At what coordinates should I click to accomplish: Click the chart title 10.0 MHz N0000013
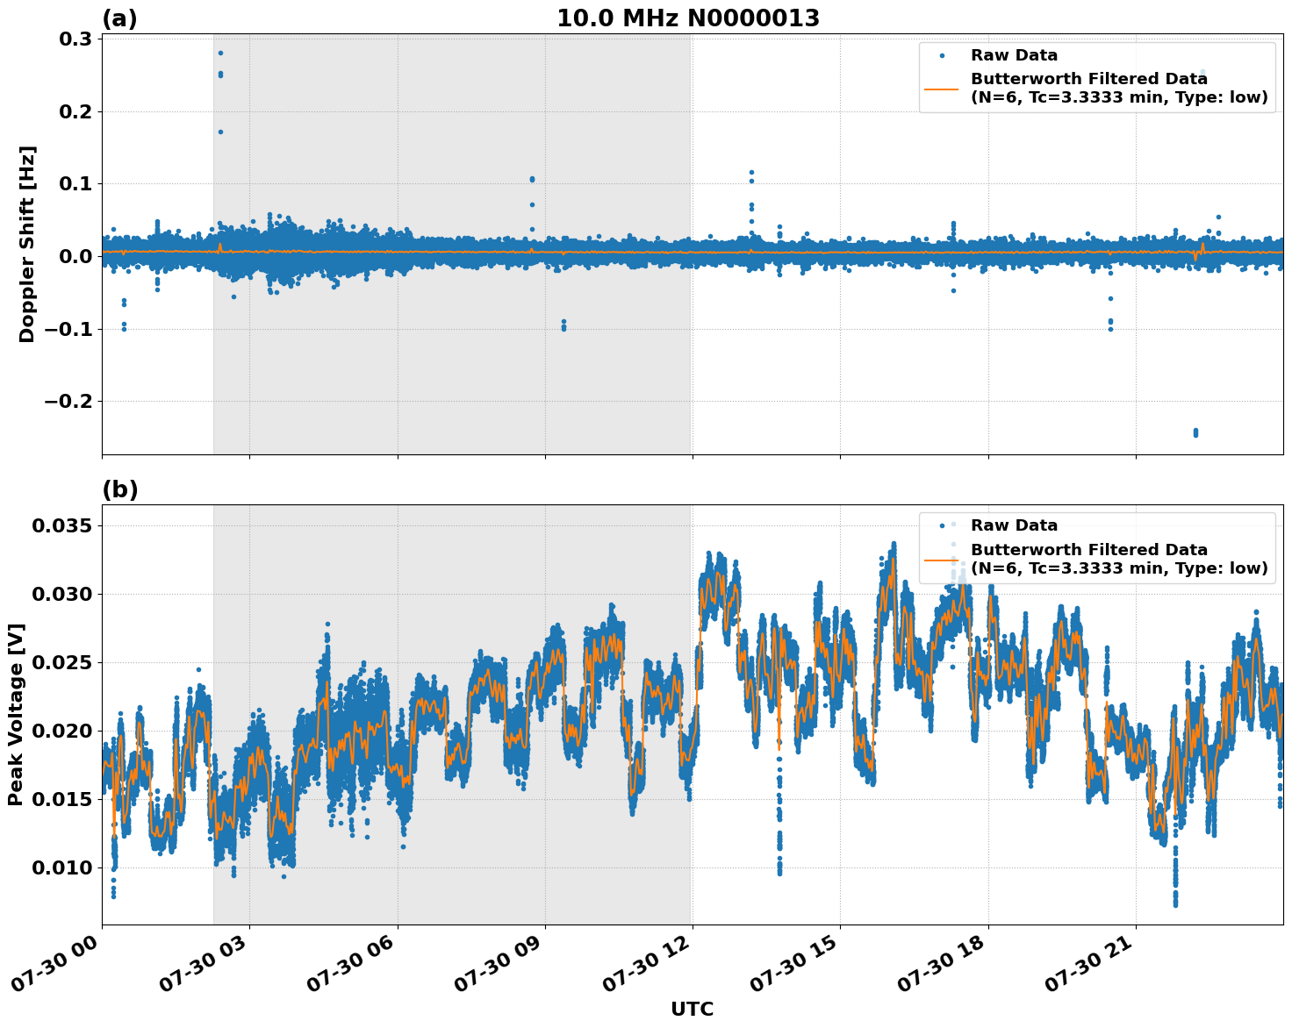pos(688,18)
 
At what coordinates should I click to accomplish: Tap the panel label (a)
pos(119,18)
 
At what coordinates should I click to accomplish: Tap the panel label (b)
pos(119,489)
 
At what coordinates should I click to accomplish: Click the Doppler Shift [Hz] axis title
pos(27,244)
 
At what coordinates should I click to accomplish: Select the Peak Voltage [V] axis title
pos(16,714)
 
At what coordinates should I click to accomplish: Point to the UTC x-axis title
pos(692,1009)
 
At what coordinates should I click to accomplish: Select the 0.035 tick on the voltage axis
pos(62,525)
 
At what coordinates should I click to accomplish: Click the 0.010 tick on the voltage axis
pos(62,867)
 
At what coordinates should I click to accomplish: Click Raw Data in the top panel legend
pos(1014,55)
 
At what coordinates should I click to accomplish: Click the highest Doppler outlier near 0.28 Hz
pos(220,53)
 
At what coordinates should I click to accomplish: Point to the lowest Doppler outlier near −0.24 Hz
pos(1195,432)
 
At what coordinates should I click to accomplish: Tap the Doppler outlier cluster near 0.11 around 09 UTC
pos(532,179)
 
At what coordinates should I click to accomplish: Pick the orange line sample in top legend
pos(943,88)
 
